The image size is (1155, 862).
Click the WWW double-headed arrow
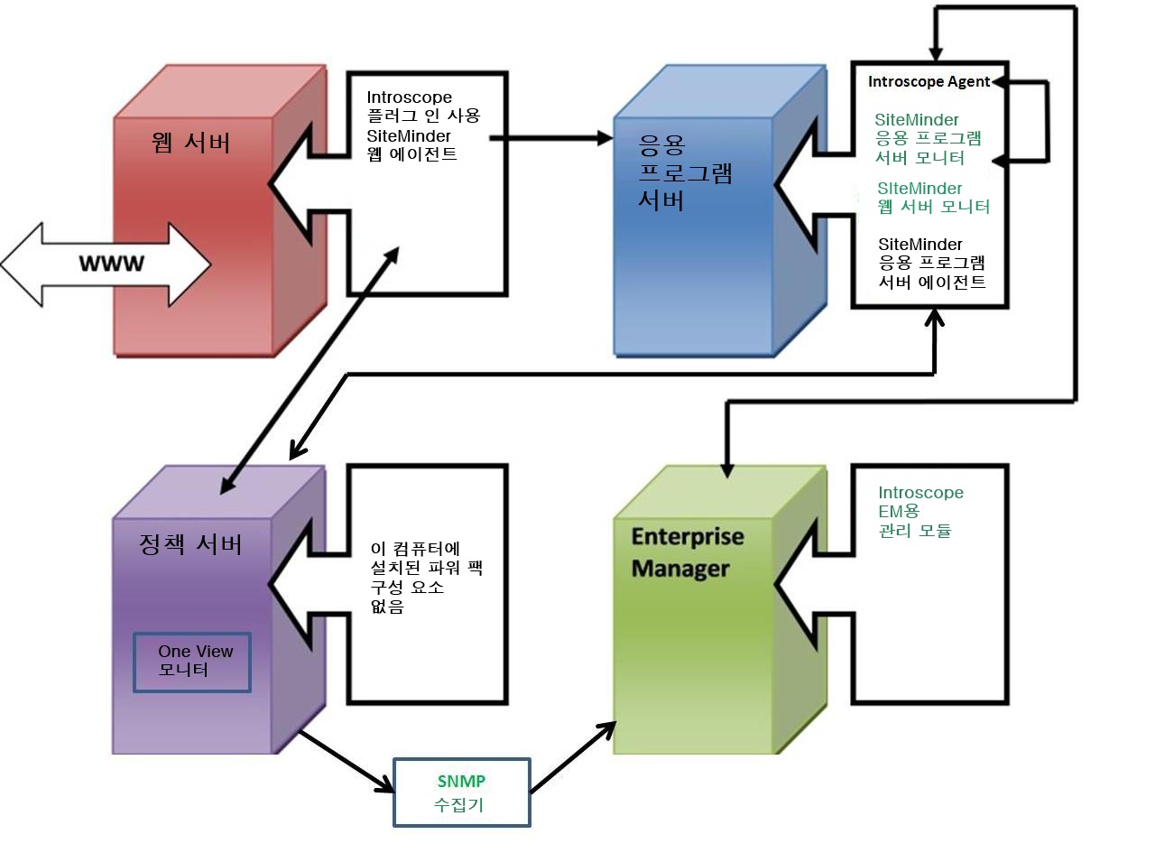tap(106, 264)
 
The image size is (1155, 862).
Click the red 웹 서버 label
tap(191, 143)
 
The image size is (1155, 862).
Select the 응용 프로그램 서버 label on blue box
tap(684, 172)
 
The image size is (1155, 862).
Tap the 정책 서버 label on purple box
tap(190, 544)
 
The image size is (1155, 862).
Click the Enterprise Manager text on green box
tap(687, 552)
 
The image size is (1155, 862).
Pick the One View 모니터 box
tap(192, 662)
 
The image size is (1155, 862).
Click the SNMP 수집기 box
tap(461, 792)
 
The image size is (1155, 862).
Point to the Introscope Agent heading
tap(929, 82)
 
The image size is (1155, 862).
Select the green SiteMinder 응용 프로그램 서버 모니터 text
tap(927, 139)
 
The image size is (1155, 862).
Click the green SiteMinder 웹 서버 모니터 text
tap(933, 198)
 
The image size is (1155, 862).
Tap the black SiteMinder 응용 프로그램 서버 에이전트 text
tap(932, 264)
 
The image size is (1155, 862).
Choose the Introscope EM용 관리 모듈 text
tap(920, 512)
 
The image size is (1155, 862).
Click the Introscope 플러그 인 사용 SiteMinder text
tap(422, 125)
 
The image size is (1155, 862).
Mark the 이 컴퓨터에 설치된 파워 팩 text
tap(426, 578)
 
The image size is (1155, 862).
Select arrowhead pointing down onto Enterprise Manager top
tap(727, 468)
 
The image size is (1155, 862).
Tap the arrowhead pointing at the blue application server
tap(604, 138)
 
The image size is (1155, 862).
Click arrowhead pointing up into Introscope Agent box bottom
tap(935, 318)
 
